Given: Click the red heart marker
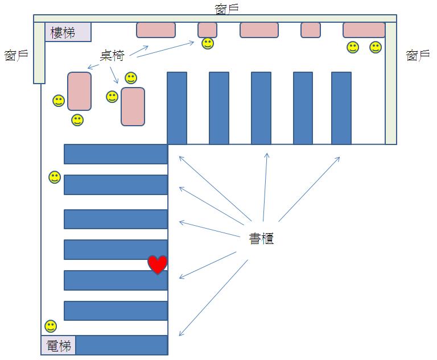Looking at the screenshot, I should coord(158,264).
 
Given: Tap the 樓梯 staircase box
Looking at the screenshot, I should coord(68,32).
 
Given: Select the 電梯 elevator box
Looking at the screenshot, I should coord(58,345).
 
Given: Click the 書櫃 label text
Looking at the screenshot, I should coord(262,238).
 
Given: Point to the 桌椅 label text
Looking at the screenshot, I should coord(112,55).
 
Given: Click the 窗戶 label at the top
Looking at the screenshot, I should coord(226,8).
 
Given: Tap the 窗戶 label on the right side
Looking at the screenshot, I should coord(418,55).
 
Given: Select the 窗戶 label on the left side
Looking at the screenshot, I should coord(16,55).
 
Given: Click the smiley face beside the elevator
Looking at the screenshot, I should coord(51,326).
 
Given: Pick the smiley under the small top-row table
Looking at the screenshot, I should coord(208,43).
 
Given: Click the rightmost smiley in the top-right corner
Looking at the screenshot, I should coord(376,47).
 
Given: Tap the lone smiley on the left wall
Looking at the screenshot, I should coord(55,177).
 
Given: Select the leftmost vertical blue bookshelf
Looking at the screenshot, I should coord(177,108).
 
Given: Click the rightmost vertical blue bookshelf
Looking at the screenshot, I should coord(341,108).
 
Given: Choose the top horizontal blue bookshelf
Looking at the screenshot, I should coord(116,154).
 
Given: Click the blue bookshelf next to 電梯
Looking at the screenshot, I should coord(122,345).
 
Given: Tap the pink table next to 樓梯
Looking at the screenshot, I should coord(155,30).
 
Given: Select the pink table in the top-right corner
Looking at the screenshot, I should coord(364,30).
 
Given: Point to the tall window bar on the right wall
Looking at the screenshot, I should coord(391,82).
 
